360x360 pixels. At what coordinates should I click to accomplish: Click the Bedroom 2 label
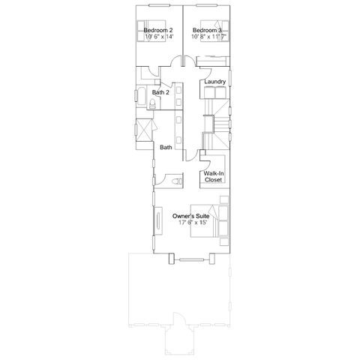[x=158, y=30]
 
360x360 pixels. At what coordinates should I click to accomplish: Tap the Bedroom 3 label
[x=207, y=30]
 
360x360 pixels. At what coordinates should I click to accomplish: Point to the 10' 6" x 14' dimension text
[x=159, y=37]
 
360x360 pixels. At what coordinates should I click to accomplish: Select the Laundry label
[x=215, y=82]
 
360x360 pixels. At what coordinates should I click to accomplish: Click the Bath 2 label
[x=160, y=92]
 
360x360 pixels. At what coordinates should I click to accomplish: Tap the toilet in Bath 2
[x=152, y=103]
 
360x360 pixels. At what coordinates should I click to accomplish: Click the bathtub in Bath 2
[x=141, y=97]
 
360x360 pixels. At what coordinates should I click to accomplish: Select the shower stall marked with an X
[x=143, y=130]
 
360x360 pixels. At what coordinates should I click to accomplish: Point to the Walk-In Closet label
[x=214, y=176]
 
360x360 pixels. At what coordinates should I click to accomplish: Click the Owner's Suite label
[x=190, y=216]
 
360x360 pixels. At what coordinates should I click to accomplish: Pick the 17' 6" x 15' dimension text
[x=193, y=223]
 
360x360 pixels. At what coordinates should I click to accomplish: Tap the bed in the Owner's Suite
[x=209, y=220]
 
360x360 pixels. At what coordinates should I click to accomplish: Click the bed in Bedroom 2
[x=151, y=31]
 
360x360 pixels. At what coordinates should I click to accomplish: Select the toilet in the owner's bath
[x=177, y=181]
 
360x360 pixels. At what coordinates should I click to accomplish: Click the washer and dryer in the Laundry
[x=215, y=92]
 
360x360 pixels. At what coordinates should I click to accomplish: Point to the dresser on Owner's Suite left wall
[x=158, y=220]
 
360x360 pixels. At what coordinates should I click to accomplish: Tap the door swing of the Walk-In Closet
[x=207, y=161]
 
